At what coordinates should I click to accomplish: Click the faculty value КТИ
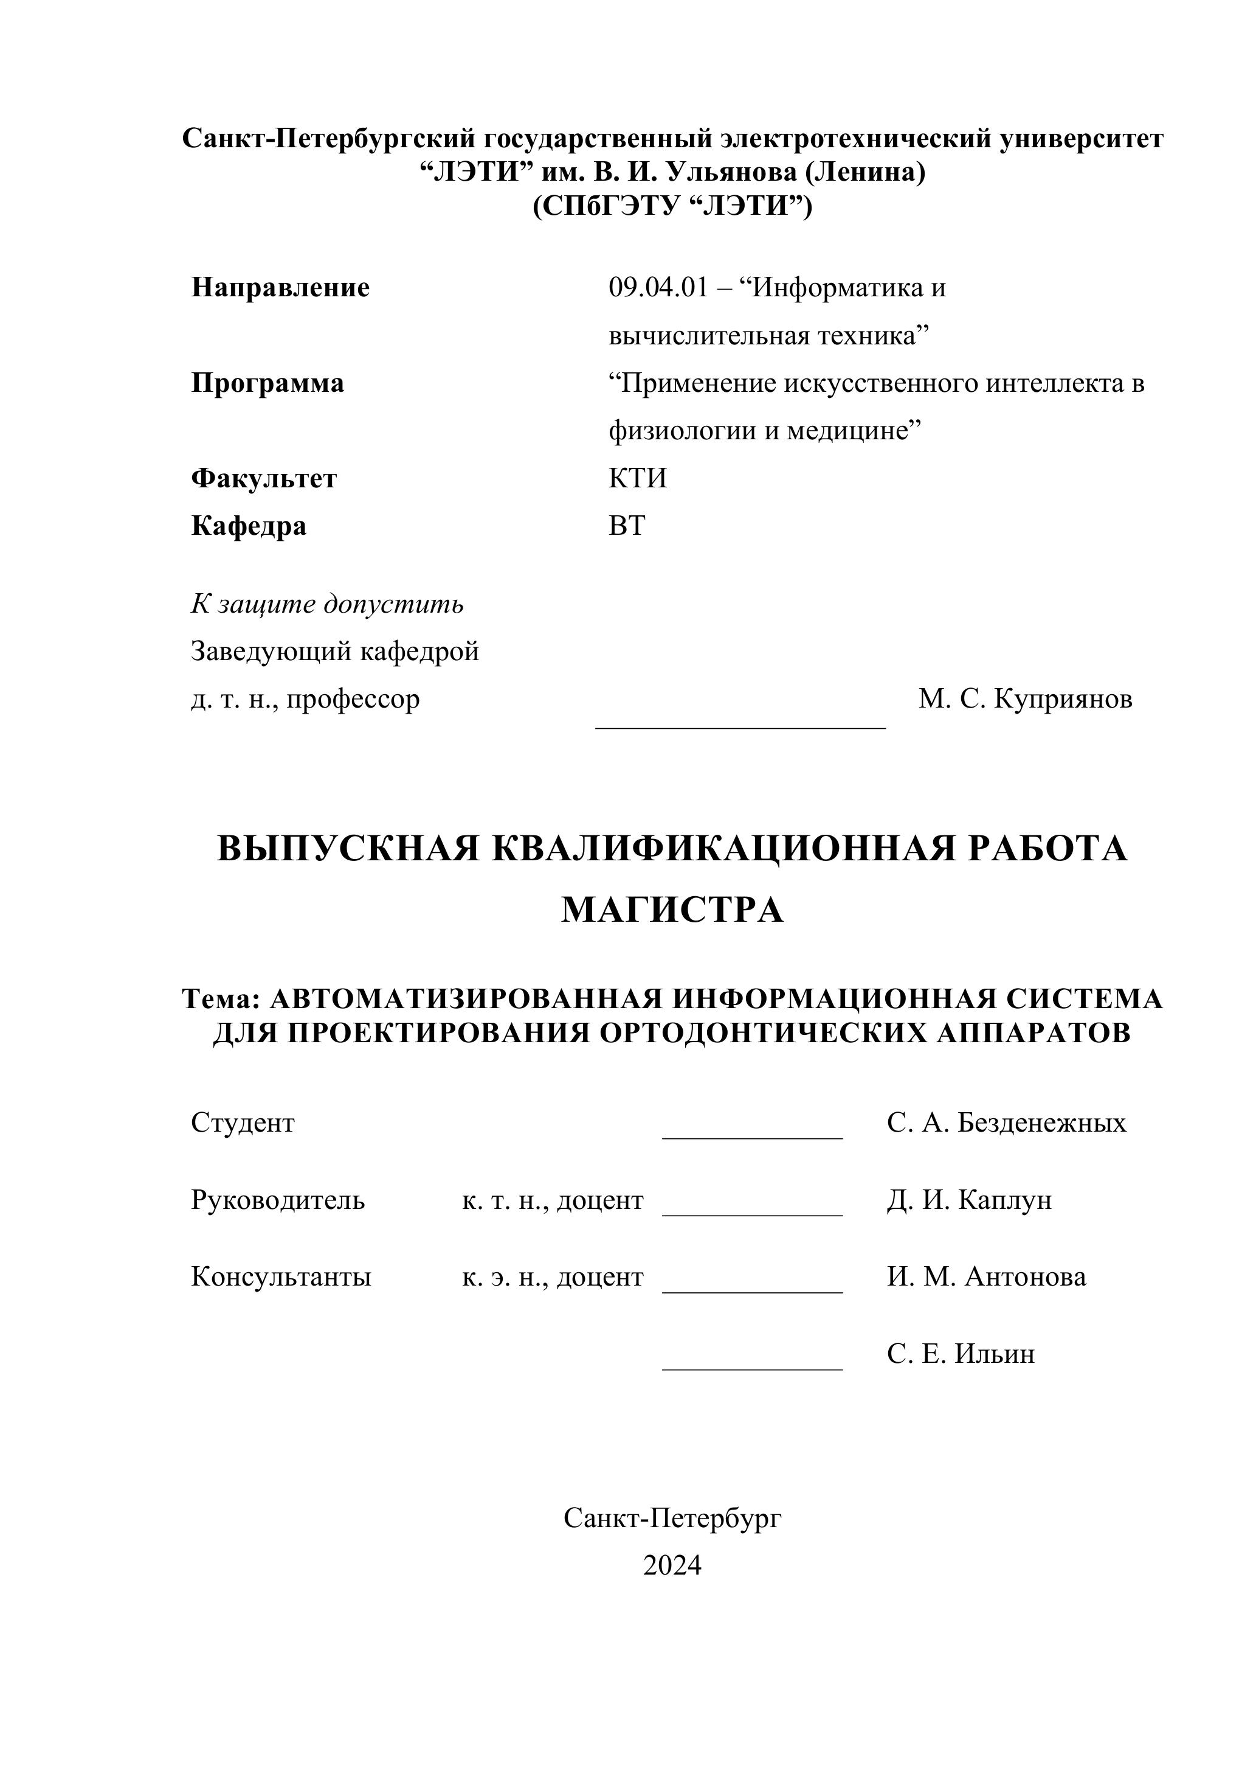[637, 478]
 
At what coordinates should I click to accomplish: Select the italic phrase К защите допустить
[327, 604]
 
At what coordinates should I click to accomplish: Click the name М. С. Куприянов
[1025, 699]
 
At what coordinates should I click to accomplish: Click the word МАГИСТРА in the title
[672, 910]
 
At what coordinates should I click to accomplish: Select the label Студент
[243, 1122]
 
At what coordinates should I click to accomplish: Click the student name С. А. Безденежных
[1007, 1122]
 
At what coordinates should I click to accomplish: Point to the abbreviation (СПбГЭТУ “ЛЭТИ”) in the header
[672, 206]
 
